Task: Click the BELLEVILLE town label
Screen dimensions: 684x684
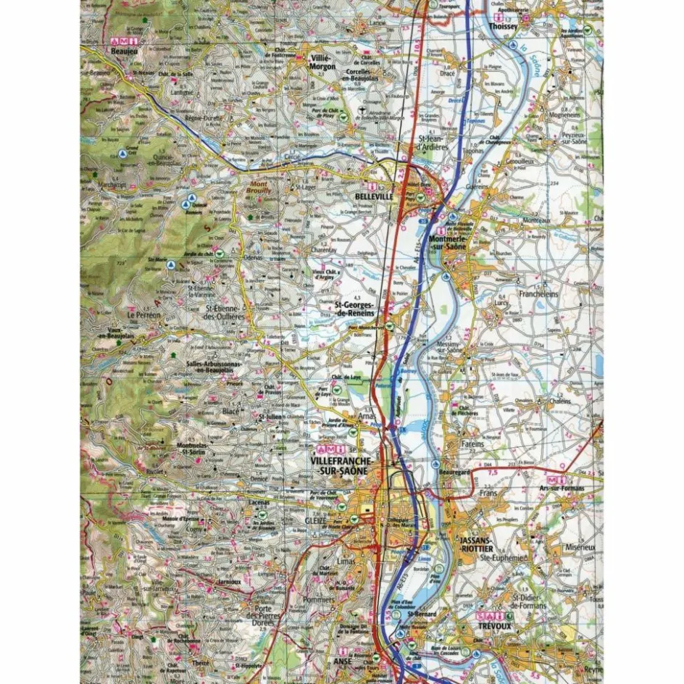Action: (x=374, y=196)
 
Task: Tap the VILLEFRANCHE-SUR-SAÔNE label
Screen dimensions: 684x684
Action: (x=341, y=466)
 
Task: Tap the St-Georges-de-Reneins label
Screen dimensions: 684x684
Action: (x=354, y=309)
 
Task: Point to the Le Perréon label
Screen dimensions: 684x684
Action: (x=143, y=316)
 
